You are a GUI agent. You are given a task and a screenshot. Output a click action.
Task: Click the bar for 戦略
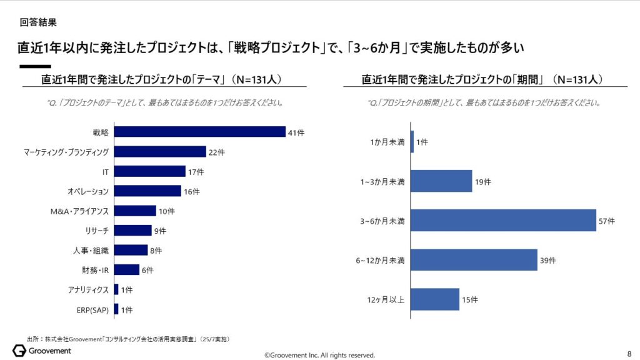(x=199, y=132)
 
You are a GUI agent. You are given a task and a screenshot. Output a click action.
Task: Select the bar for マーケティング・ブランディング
(x=160, y=152)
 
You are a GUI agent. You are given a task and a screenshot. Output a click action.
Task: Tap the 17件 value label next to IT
(x=196, y=171)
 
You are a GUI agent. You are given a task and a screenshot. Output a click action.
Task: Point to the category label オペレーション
(x=88, y=191)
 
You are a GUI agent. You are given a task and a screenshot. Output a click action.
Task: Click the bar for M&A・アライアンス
(x=135, y=211)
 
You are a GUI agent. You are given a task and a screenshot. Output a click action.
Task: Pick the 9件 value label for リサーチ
(x=161, y=231)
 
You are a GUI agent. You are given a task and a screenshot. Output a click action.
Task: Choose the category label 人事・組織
(x=91, y=251)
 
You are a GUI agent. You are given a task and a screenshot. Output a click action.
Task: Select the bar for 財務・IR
(x=126, y=270)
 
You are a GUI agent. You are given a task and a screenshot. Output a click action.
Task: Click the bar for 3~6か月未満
(x=503, y=221)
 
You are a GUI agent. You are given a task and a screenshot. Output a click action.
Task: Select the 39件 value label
(x=548, y=260)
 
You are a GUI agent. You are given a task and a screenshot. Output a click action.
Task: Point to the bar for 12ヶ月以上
(x=435, y=299)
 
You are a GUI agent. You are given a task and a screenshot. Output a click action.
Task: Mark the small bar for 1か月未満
(x=412, y=142)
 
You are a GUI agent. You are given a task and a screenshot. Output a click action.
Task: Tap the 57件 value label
(x=607, y=221)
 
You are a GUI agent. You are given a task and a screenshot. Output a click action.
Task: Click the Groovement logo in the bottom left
(x=41, y=351)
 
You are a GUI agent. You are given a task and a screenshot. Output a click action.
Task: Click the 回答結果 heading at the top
(x=38, y=22)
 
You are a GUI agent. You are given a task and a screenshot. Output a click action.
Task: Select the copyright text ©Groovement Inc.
(x=319, y=355)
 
